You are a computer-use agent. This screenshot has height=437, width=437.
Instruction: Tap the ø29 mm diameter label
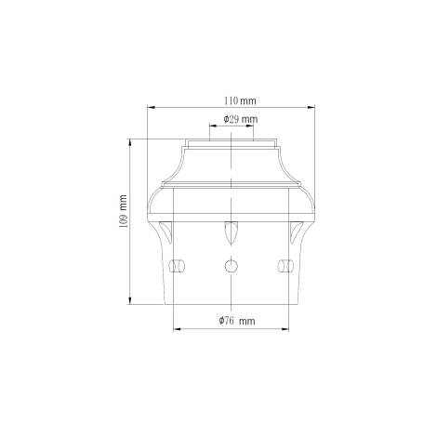tap(241, 120)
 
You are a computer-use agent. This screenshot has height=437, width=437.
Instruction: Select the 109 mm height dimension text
tap(122, 216)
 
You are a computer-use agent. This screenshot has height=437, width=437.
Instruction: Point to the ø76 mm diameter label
tap(237, 320)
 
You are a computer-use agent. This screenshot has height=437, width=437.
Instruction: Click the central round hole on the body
tap(229, 266)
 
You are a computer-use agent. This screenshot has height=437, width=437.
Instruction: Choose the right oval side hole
tap(284, 266)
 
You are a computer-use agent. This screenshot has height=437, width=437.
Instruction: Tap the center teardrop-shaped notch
tap(229, 232)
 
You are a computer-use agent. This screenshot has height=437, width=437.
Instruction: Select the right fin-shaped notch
tap(297, 230)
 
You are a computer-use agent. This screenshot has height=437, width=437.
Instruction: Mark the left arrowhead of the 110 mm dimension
tap(150, 106)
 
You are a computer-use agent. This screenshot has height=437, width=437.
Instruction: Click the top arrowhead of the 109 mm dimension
tap(129, 141)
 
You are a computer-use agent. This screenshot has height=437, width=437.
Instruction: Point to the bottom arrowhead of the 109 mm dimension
tap(129, 301)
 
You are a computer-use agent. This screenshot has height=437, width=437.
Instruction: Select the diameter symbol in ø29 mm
tap(226, 120)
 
